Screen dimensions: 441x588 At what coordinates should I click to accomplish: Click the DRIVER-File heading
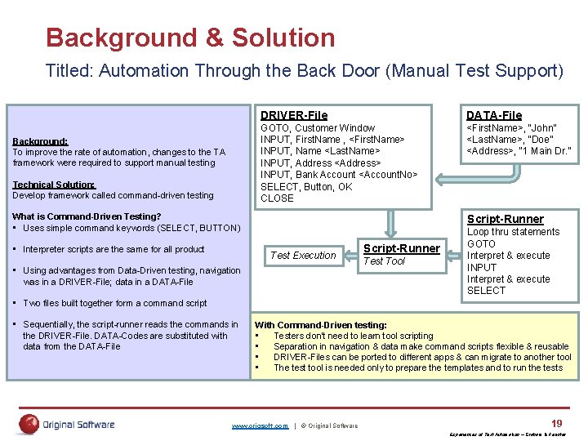point(293,115)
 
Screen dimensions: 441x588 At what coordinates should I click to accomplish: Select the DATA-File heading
point(493,115)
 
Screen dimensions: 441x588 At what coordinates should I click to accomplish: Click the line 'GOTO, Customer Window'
point(317,128)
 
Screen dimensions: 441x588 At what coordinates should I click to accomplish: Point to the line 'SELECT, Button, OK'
point(306,186)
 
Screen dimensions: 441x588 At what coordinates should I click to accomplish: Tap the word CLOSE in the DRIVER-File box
point(277,198)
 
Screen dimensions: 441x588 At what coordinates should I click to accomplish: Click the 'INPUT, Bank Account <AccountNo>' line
point(338,175)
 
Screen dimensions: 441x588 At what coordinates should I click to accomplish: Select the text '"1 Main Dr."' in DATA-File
point(546,151)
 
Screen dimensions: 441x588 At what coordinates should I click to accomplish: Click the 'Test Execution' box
point(303,256)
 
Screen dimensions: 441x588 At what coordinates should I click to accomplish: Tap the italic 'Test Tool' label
point(384,261)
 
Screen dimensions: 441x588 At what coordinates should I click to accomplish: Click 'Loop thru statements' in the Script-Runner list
point(513,232)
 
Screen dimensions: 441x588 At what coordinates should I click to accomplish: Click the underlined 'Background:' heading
point(40,141)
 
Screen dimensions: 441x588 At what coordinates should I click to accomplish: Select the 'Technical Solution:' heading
point(55,185)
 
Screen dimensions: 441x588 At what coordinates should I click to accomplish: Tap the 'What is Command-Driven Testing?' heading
point(87,216)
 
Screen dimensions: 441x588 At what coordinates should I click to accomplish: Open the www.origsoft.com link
point(260,425)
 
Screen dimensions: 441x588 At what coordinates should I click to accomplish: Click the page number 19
point(556,423)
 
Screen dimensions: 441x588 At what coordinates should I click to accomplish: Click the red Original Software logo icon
point(29,424)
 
